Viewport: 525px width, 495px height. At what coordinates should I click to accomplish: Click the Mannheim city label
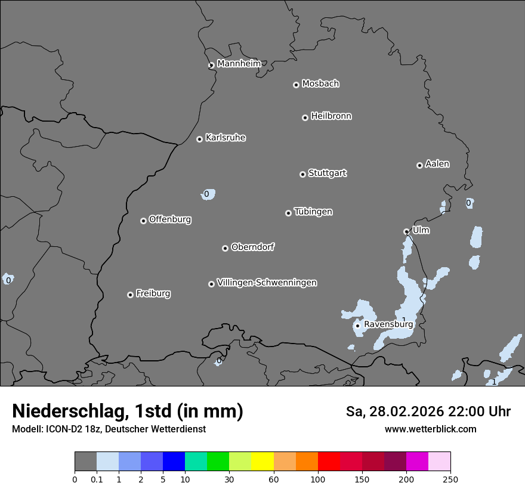click(x=239, y=63)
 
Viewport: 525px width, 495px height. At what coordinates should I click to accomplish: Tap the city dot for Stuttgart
click(x=302, y=174)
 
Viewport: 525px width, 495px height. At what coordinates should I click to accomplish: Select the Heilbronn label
click(x=331, y=116)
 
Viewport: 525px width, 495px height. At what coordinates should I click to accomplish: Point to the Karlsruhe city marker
click(x=199, y=139)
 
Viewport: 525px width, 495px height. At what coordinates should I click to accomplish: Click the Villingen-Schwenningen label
click(x=267, y=282)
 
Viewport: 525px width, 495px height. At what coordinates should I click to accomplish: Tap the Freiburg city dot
click(x=130, y=295)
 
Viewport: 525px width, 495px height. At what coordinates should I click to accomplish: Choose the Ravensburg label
click(x=388, y=324)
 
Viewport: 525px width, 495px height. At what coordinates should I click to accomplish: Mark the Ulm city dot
click(x=406, y=231)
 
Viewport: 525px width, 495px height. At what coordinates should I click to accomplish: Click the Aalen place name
click(x=437, y=163)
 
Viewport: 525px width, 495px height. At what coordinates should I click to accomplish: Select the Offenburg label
click(x=170, y=219)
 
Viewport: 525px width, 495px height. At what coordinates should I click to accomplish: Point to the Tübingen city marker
click(x=288, y=213)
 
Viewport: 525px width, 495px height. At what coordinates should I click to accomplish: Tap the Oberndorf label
click(x=252, y=247)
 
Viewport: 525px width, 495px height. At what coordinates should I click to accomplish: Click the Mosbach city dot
click(x=296, y=85)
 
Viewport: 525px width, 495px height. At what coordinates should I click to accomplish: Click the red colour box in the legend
click(x=329, y=462)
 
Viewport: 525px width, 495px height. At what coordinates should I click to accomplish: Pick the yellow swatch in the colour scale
click(x=262, y=462)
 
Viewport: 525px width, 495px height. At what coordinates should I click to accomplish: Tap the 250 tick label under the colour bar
click(x=450, y=479)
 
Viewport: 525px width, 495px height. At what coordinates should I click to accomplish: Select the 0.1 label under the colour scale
click(x=97, y=479)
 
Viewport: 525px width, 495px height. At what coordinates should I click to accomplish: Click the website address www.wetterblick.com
click(x=430, y=429)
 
